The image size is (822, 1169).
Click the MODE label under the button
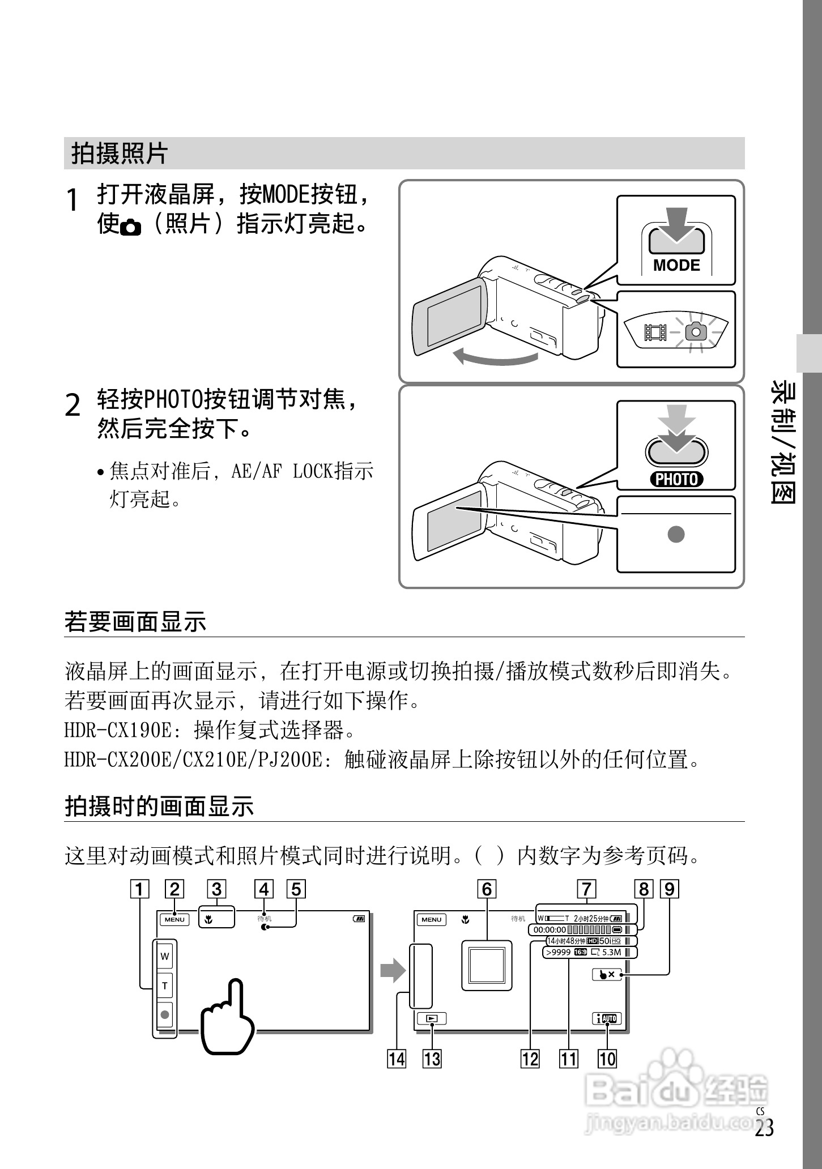coord(676,265)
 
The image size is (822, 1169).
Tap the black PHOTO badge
coord(676,479)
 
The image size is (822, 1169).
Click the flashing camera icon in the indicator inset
coord(696,331)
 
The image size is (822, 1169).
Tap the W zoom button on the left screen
coord(165,957)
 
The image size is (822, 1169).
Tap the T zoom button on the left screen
coord(165,986)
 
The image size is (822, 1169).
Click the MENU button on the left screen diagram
coord(174,919)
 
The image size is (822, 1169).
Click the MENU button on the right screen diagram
coord(431,919)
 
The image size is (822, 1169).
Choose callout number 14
coord(397,1059)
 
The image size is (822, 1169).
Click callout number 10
coord(607,1059)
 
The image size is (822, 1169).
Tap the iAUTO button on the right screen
coord(607,1019)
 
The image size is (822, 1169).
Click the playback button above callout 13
coord(432,1018)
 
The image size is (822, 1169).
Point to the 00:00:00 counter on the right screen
coord(550,929)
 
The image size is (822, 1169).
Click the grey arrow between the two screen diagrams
coord(393,972)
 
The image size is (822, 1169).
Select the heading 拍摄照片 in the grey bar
coord(120,153)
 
